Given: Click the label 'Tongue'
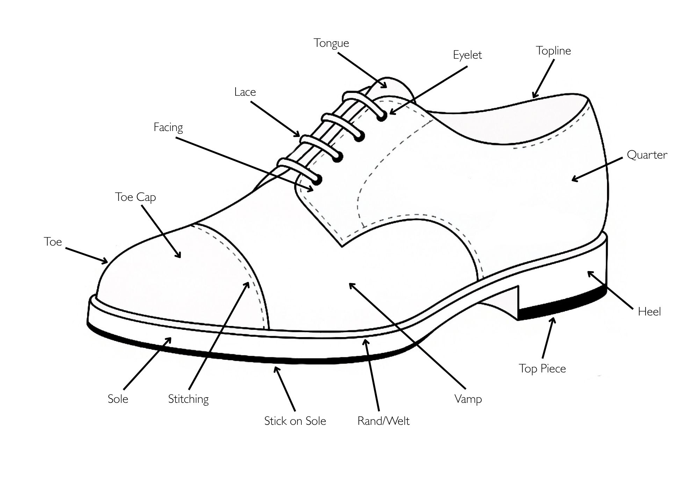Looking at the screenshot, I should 331,43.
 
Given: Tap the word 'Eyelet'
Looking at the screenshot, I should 467,55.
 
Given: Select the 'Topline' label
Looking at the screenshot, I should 553,51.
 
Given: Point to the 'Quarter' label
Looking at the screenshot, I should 647,155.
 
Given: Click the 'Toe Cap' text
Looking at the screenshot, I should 135,197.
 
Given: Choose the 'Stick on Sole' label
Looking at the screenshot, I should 295,421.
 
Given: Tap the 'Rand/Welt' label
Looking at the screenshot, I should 383,421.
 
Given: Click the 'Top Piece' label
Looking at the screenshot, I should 542,369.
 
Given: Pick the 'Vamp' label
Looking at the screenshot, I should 468,399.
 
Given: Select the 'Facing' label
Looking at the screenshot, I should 168,127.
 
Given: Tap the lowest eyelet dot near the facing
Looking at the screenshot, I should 317,180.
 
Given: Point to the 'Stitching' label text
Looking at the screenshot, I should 188,399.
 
